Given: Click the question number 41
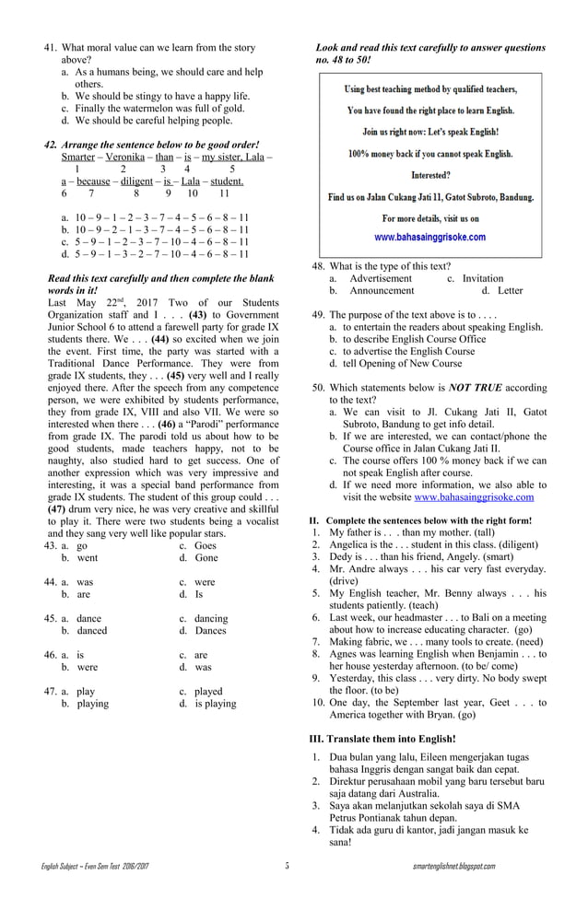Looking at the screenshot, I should (x=52, y=47).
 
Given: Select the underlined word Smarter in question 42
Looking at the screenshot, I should (x=76, y=158).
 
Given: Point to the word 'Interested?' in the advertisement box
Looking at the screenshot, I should (x=430, y=174).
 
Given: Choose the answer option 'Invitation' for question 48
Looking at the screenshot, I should (x=483, y=278).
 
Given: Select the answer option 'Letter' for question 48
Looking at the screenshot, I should (x=509, y=291).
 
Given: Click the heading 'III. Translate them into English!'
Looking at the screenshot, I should (x=382, y=739).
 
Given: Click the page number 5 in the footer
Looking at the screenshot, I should (x=287, y=866).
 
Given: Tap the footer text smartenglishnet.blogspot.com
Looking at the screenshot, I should (x=454, y=866).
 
